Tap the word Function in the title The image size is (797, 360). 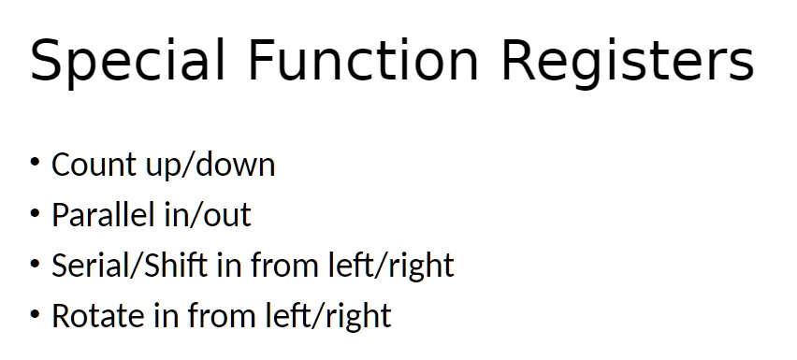pyautogui.click(x=363, y=60)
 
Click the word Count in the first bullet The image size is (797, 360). pyautogui.click(x=94, y=165)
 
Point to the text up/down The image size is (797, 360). pyautogui.click(x=210, y=166)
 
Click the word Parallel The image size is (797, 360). pyautogui.click(x=103, y=214)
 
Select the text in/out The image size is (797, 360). pyautogui.click(x=208, y=215)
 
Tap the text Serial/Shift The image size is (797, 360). pyautogui.click(x=130, y=265)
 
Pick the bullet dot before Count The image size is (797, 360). pyautogui.click(x=35, y=162)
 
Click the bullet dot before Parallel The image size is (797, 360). pyautogui.click(x=35, y=213)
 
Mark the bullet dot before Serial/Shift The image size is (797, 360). pyautogui.click(x=35, y=263)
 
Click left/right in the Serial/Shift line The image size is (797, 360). pyautogui.click(x=391, y=266)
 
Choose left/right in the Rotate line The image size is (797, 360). pyautogui.click(x=328, y=316)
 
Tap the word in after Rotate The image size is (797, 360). pyautogui.click(x=167, y=316)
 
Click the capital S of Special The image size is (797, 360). pyautogui.click(x=45, y=60)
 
